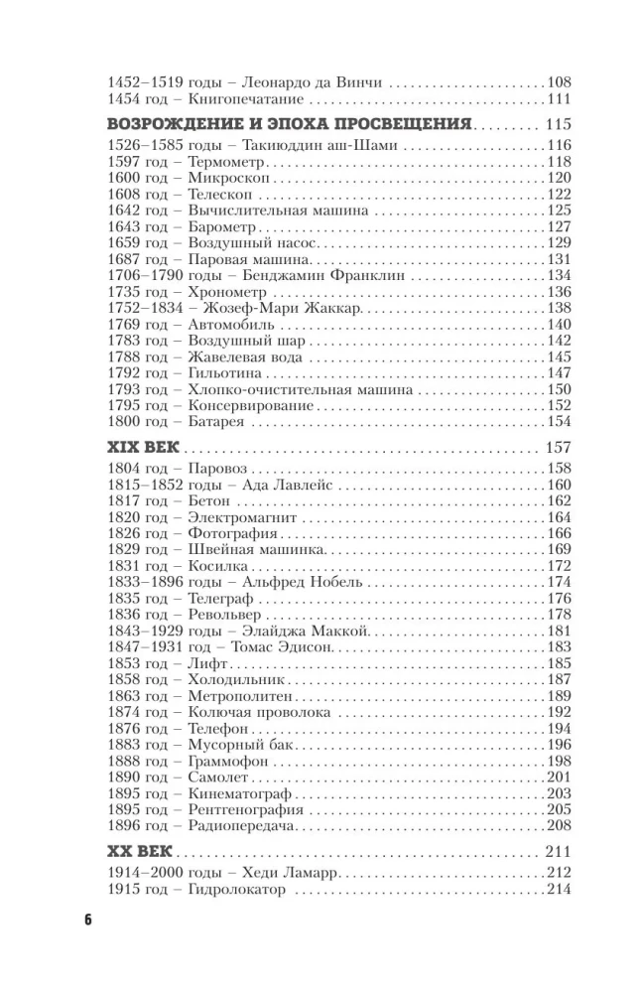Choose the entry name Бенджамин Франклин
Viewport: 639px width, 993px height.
point(318,274)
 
